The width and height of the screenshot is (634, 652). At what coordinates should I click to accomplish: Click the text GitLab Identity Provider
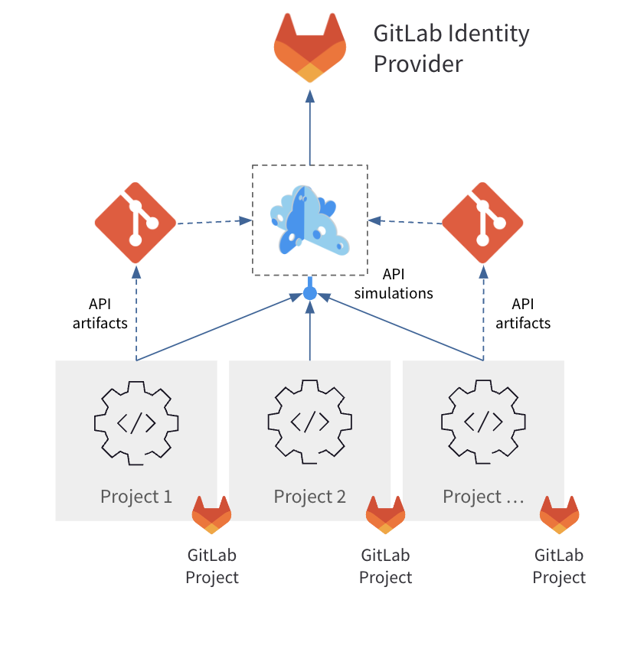[450, 49]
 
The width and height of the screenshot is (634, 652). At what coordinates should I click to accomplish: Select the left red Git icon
[136, 223]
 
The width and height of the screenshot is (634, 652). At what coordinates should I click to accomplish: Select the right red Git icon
[482, 223]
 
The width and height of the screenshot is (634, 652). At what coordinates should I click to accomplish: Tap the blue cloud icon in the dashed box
[309, 220]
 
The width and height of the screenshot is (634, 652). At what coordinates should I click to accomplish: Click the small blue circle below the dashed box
[310, 292]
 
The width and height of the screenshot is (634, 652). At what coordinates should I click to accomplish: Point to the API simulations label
[394, 283]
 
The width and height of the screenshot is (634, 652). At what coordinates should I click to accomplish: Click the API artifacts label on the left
[100, 313]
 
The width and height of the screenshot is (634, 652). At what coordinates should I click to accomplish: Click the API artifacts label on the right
[523, 313]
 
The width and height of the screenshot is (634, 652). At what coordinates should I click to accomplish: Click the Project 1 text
[136, 497]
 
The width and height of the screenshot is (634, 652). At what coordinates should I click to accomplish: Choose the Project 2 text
[310, 497]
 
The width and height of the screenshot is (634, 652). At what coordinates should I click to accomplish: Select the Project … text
[483, 497]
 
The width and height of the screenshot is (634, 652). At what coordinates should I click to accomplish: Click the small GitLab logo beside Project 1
[211, 514]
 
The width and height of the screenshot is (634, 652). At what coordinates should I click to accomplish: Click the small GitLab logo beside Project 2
[385, 514]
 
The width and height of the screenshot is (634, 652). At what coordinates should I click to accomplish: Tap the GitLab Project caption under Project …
[559, 566]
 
